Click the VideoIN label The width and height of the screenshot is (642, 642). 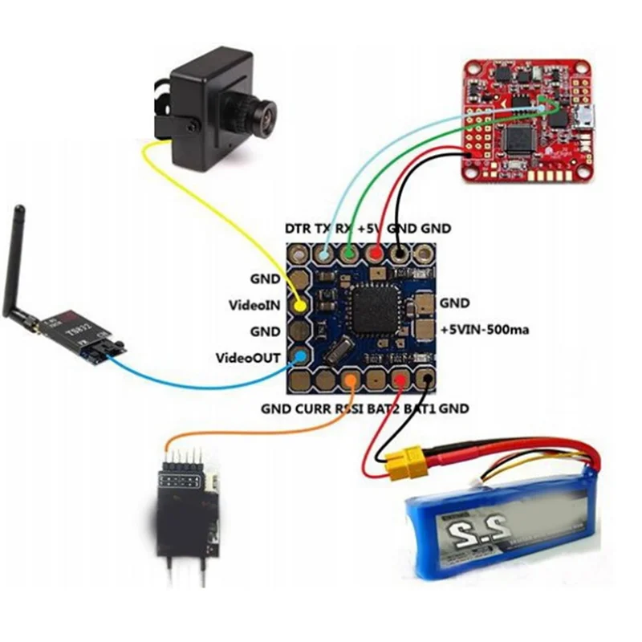254,305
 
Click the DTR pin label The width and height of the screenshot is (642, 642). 298,229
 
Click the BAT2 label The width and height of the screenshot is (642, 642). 384,408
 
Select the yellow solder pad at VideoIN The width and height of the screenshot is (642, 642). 299,306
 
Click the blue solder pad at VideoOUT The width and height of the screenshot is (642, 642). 300,356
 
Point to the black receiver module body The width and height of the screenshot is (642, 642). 185,514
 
